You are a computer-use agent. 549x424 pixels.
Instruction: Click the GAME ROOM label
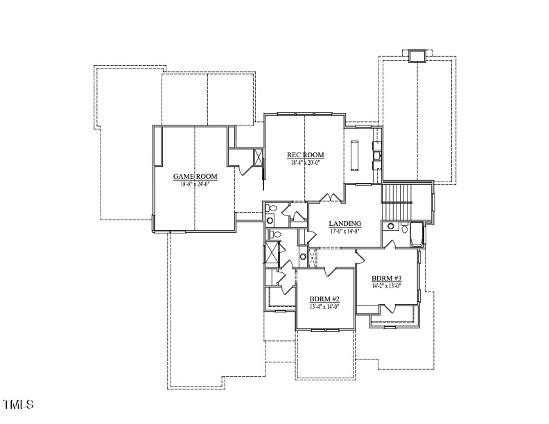pos(195,177)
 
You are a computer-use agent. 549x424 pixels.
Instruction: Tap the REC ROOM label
pos(306,154)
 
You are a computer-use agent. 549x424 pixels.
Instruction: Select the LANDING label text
pos(345,223)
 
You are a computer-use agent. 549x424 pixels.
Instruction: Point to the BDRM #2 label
pos(324,299)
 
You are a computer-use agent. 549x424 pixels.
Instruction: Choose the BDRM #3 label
pos(386,278)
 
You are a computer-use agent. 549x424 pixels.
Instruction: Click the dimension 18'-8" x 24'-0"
pos(195,184)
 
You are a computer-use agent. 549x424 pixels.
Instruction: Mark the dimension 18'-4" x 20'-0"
pos(306,162)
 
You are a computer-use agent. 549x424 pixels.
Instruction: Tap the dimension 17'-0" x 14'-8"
pos(345,231)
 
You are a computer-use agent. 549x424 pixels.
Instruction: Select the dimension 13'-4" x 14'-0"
pos(324,307)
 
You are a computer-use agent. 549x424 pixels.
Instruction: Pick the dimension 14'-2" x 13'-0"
pos(386,285)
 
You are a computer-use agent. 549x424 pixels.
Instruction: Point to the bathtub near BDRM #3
pos(416,234)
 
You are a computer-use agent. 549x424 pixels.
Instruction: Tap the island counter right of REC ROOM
pos(355,154)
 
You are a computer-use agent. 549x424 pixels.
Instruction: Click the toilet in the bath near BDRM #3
pos(391,226)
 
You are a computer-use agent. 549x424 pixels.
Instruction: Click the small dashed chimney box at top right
pos(417,56)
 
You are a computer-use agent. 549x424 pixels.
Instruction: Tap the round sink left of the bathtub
pos(403,227)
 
